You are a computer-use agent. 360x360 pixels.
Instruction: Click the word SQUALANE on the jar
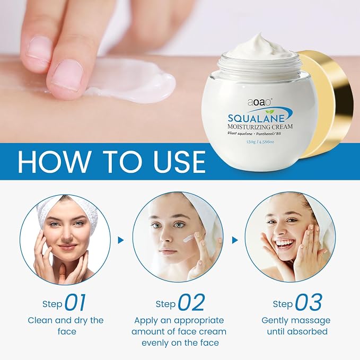256,118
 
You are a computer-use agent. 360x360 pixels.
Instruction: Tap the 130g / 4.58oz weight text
260,142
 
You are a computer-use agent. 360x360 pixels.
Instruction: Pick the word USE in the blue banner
179,161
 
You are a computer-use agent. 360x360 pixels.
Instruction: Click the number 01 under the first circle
75,302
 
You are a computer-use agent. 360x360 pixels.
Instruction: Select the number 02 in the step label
191,302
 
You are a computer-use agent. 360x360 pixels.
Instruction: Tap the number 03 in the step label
308,302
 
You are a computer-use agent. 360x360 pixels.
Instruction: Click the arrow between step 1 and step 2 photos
121,240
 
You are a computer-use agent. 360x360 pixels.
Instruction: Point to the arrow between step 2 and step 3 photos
235,240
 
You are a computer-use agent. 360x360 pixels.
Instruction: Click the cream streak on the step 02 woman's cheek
188,239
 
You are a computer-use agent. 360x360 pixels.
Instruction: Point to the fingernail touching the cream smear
67,75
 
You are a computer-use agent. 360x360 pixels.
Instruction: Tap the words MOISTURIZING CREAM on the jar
260,127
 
